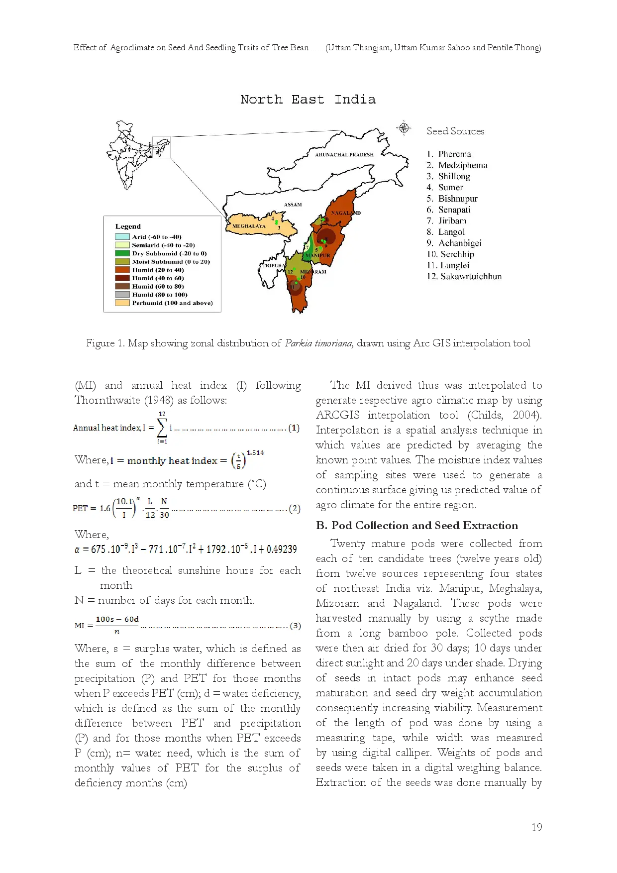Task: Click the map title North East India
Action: click(x=308, y=100)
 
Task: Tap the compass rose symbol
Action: click(x=404, y=128)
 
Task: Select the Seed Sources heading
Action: click(x=455, y=131)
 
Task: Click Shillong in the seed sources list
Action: click(x=454, y=176)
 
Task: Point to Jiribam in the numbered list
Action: click(x=452, y=220)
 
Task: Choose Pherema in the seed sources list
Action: click(x=454, y=154)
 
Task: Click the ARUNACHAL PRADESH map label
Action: click(x=344, y=155)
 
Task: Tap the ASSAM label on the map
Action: click(x=293, y=205)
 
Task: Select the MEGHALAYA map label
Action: click(x=249, y=226)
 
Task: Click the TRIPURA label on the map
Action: click(x=273, y=265)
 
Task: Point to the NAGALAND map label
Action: click(x=345, y=213)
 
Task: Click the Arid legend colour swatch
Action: click(x=122, y=237)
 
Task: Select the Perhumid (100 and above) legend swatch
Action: click(x=122, y=303)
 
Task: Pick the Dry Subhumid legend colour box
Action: click(x=122, y=253)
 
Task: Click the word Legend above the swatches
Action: click(x=128, y=226)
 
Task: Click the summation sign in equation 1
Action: click(x=162, y=427)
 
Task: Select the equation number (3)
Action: click(x=295, y=626)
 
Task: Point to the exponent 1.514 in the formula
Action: click(x=255, y=452)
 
